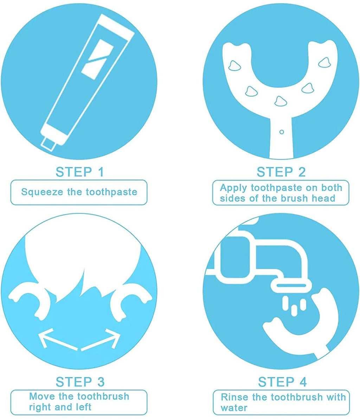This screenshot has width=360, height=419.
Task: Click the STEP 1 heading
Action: pyautogui.click(x=80, y=172)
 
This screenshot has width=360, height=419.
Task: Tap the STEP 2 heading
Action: pyautogui.click(x=281, y=172)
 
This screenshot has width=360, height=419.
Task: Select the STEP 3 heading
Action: pyautogui.click(x=80, y=382)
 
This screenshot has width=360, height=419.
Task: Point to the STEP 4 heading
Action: pyautogui.click(x=282, y=382)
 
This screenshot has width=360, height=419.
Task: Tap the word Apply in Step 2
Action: pyautogui.click(x=233, y=187)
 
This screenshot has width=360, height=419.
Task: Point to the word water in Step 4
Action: pyautogui.click(x=234, y=408)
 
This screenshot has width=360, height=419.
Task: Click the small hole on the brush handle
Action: pyautogui.click(x=281, y=132)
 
